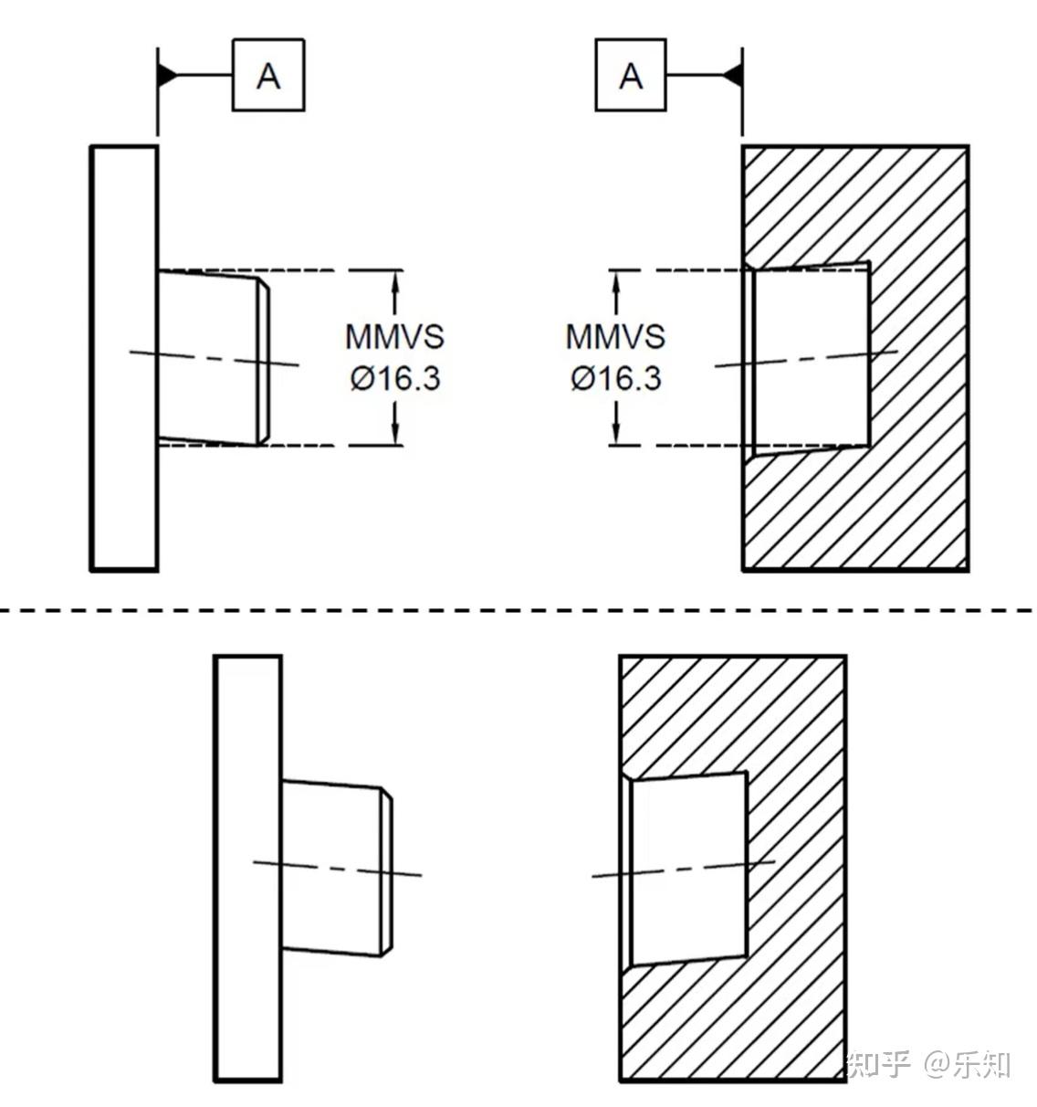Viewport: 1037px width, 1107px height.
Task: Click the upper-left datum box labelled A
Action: coord(268,75)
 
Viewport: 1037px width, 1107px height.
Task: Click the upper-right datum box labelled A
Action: coord(631,75)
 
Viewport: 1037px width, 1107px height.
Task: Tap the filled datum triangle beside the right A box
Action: coord(732,75)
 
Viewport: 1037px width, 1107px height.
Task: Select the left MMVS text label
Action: coord(394,336)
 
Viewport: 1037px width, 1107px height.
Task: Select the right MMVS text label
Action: coord(615,336)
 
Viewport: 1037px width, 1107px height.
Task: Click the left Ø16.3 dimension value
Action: coord(394,377)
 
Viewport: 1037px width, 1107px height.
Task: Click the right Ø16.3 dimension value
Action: coord(615,377)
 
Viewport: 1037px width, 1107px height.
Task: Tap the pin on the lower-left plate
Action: coord(334,868)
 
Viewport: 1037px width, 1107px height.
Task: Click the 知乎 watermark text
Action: coord(880,1064)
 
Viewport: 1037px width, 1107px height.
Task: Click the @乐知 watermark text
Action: coord(967,1064)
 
